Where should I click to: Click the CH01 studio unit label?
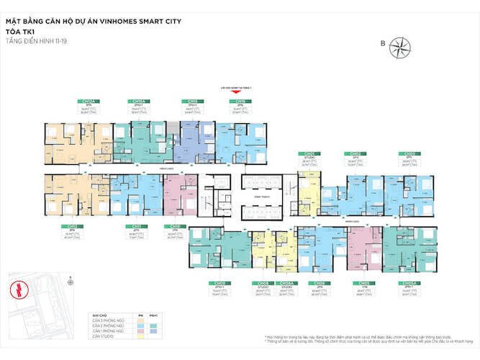[309, 153]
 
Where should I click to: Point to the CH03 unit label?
[409, 153]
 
